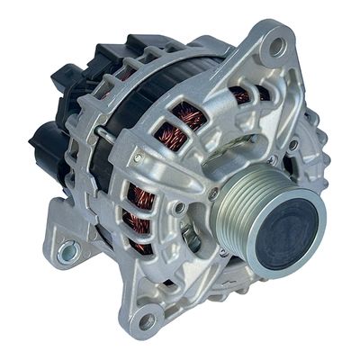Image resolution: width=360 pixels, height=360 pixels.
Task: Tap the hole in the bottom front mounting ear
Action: point(147,319)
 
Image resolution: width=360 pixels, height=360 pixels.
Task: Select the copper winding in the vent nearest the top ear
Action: point(241,95)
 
